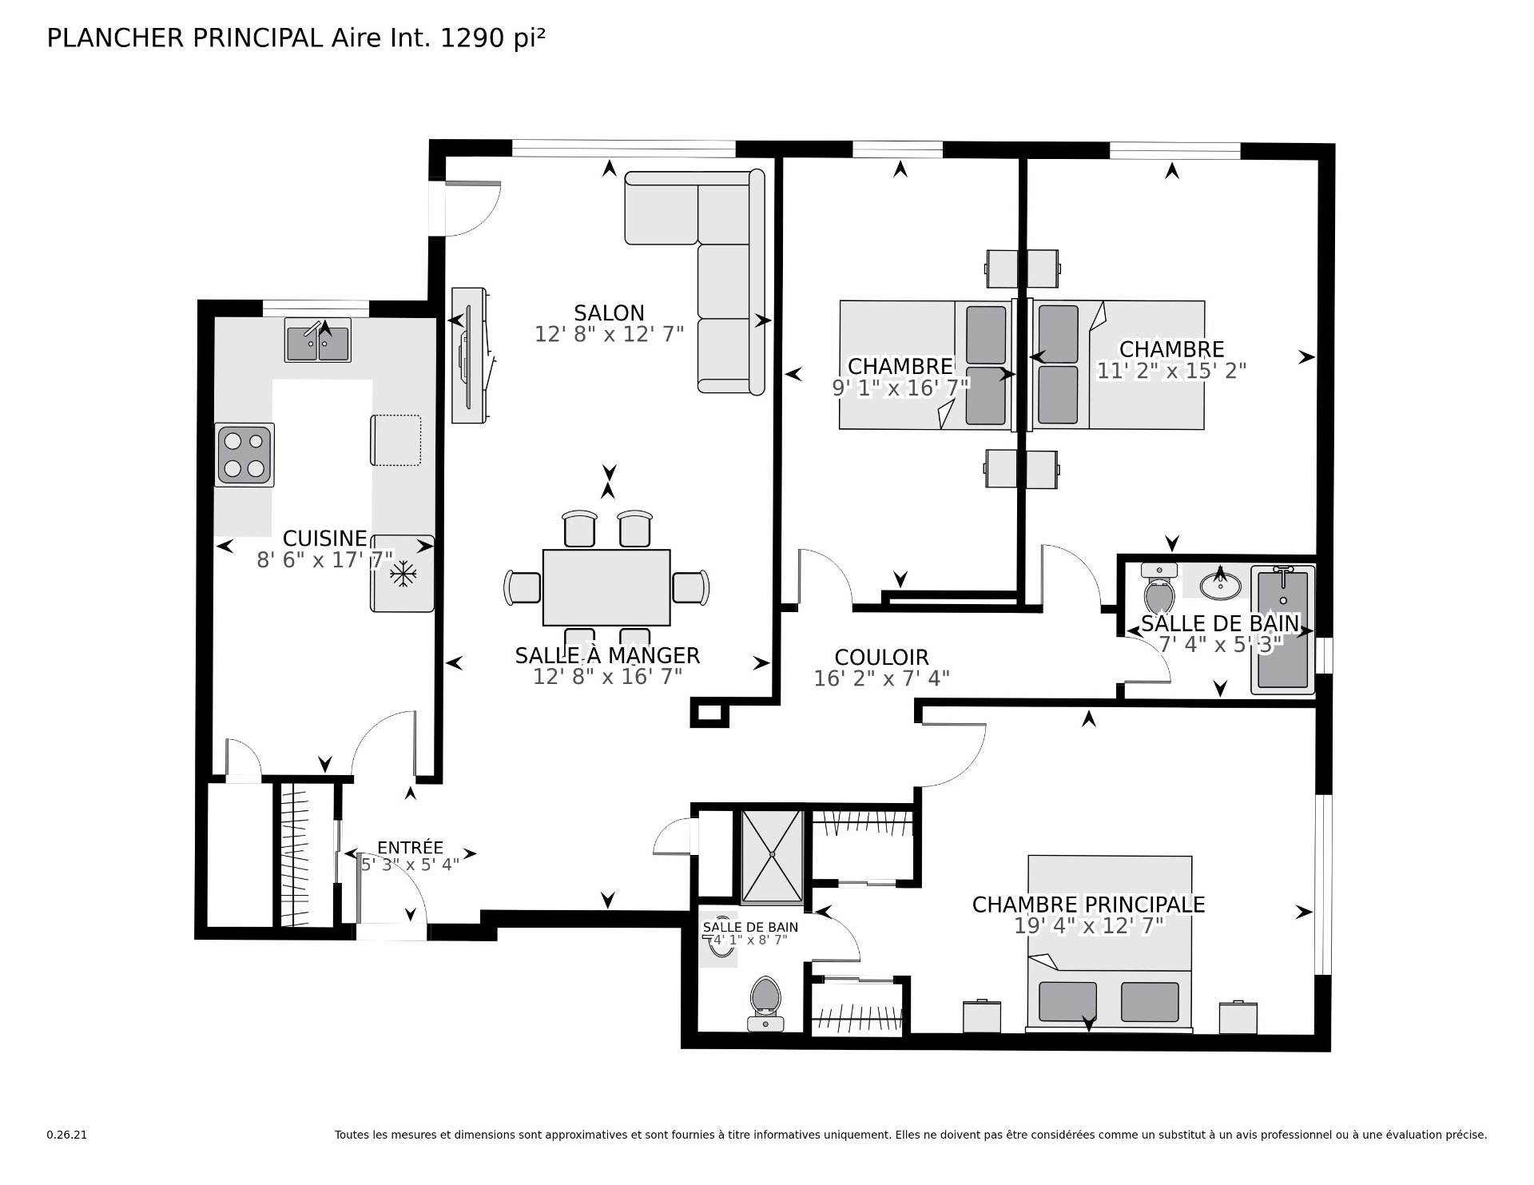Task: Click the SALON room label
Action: point(609,312)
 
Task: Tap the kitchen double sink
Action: point(317,340)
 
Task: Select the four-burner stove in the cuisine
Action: point(244,455)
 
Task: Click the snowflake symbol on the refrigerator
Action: point(403,574)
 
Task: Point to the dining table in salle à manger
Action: point(606,587)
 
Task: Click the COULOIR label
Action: point(881,658)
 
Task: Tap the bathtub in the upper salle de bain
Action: point(1283,629)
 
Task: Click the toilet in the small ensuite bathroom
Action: point(766,1003)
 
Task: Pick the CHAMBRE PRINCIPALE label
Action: point(1088,905)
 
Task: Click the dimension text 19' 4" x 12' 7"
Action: point(1088,925)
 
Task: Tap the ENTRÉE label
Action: point(410,848)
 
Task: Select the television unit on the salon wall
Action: point(471,355)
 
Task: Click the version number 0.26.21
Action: point(66,1135)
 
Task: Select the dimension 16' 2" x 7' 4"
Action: point(881,678)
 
